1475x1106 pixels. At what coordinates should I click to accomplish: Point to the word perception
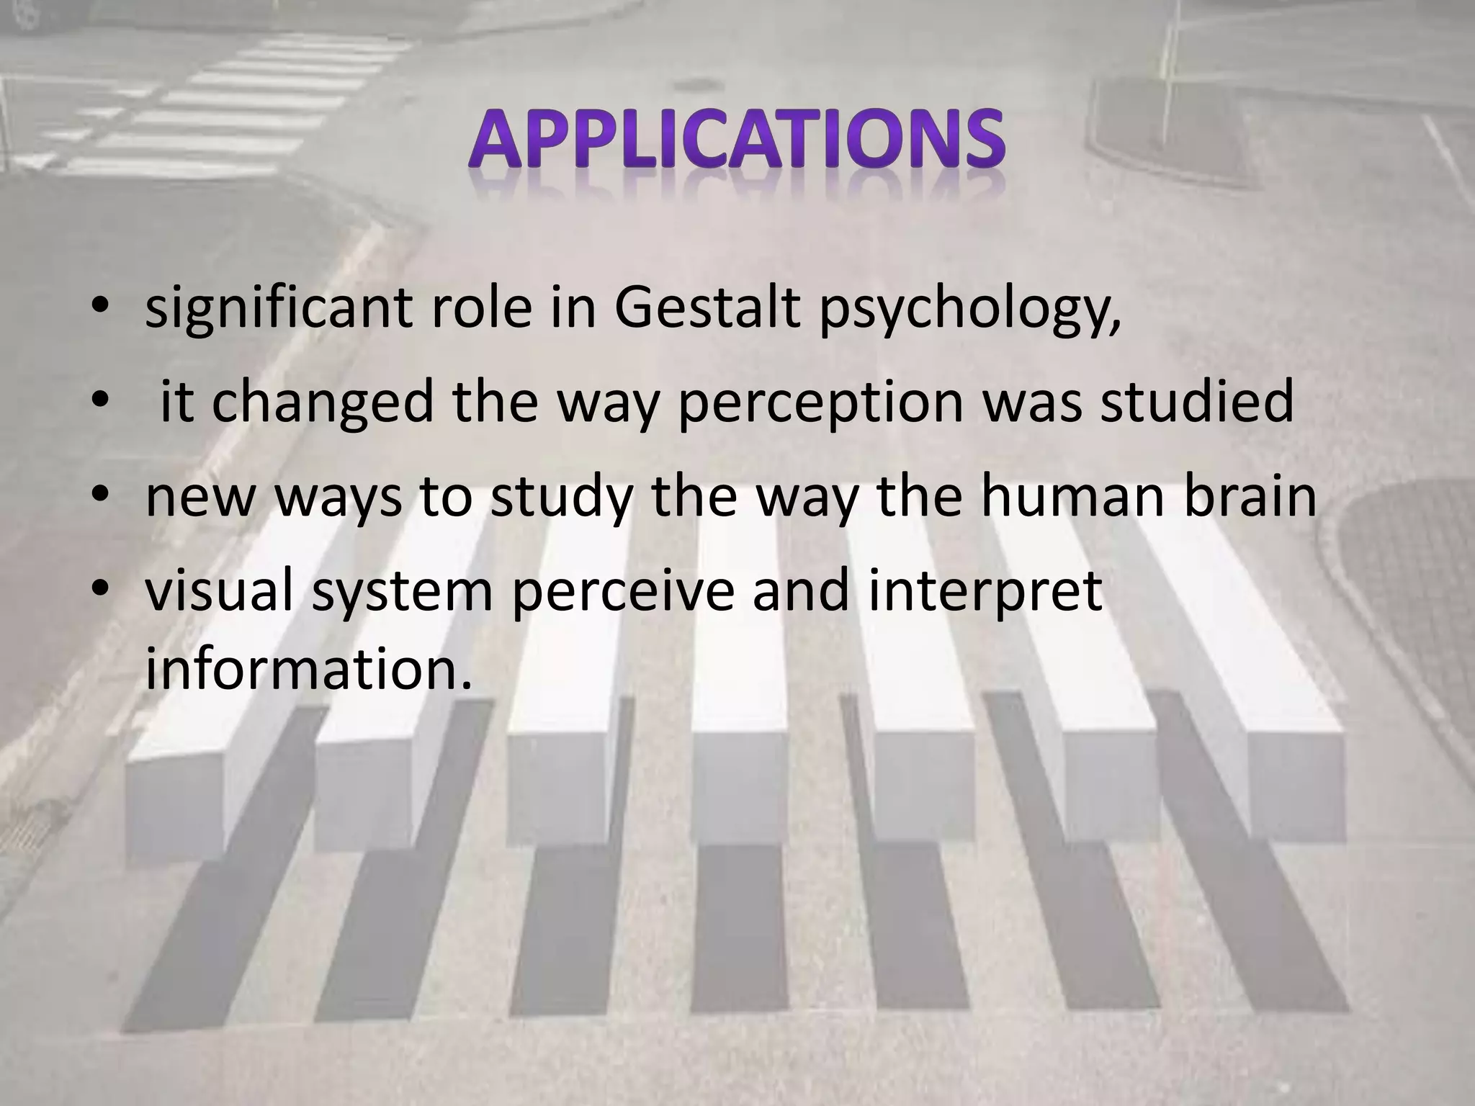[820, 403]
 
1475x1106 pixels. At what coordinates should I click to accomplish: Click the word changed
[323, 403]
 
